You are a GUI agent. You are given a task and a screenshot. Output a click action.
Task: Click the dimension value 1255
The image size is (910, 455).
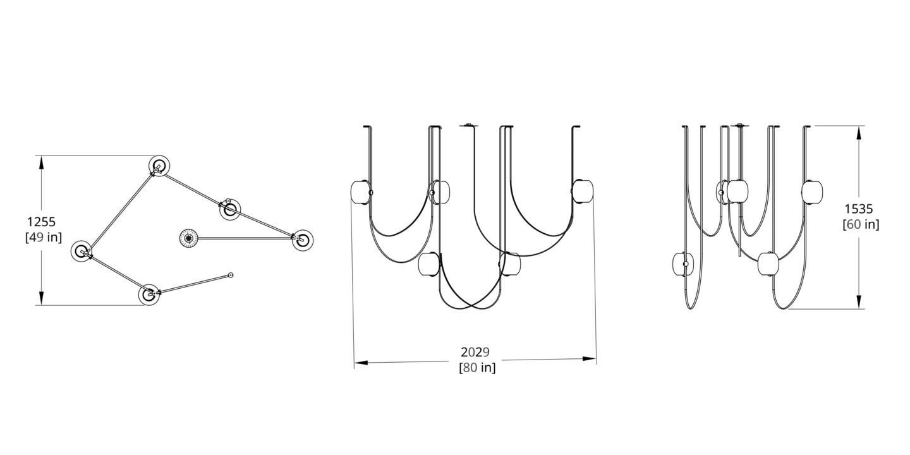41,222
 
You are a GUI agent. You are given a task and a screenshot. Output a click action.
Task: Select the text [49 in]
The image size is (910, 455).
44,237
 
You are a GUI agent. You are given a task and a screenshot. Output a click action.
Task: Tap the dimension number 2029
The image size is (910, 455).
475,352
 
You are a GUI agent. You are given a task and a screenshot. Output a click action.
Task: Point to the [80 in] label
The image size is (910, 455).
477,368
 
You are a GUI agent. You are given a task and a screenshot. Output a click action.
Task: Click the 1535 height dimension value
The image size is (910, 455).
859,209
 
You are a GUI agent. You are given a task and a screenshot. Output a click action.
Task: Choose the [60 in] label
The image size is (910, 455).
861,224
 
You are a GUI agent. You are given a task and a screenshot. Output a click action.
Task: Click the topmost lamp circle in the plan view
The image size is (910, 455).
159,166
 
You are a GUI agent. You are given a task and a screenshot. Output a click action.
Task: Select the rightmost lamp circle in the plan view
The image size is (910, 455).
303,240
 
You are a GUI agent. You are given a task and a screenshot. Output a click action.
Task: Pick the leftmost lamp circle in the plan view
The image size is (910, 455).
82,251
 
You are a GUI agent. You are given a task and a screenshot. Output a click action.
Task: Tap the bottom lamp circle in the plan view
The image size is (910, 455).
149,294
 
